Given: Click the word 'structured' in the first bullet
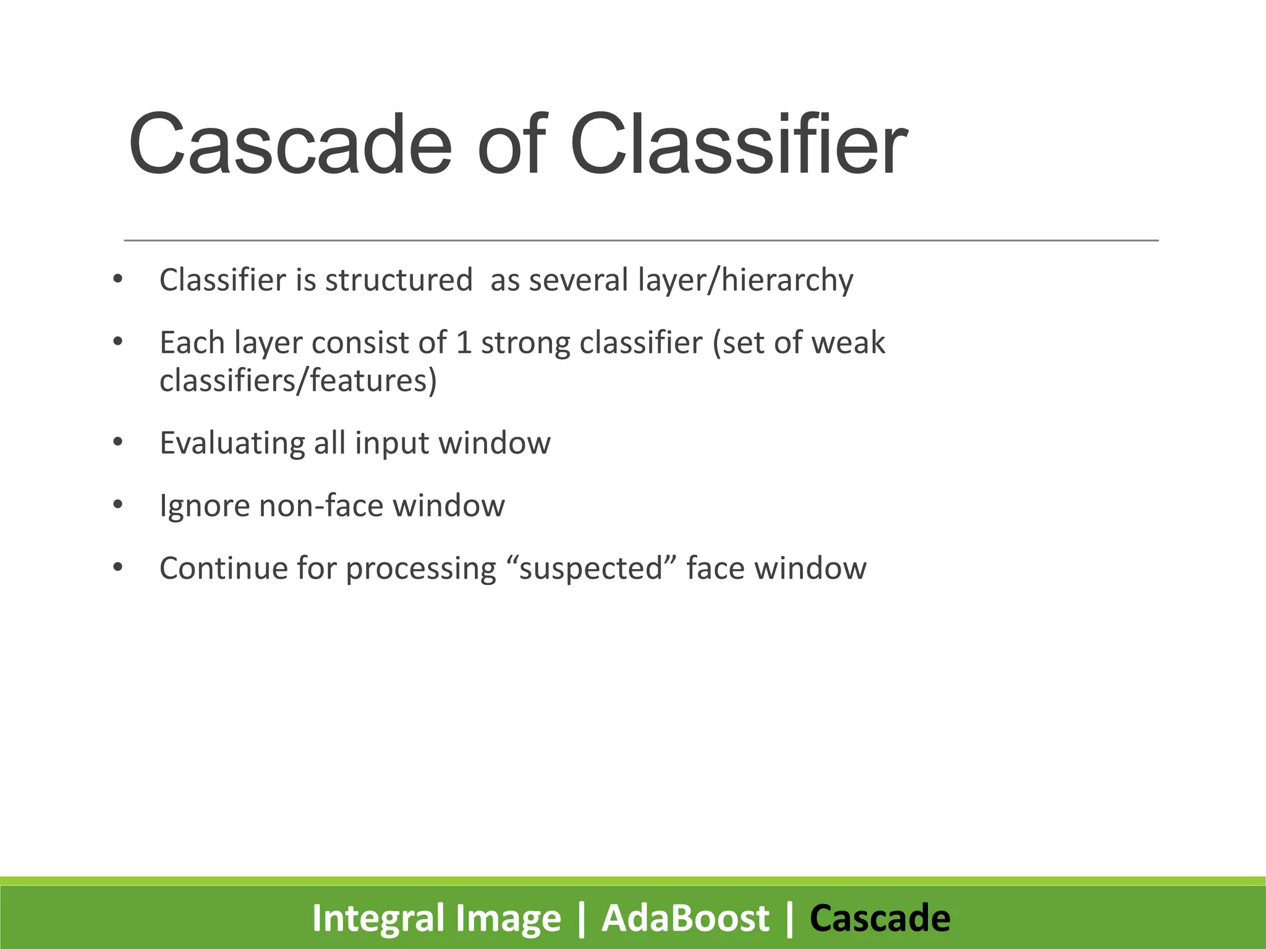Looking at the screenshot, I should [399, 280].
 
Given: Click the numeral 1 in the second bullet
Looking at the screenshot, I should [464, 343].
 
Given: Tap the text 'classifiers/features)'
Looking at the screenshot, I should [298, 381].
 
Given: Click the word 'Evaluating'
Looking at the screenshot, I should [232, 444].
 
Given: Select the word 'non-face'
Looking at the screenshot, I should [321, 505].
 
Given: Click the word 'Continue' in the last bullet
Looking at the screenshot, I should [223, 568].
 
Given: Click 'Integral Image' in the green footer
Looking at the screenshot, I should [436, 918].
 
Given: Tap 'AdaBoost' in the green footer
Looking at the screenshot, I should [685, 918].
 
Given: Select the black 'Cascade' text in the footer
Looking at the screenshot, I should [880, 918].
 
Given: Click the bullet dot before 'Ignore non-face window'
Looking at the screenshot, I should [118, 505].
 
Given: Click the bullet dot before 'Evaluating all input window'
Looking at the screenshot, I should [118, 442].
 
